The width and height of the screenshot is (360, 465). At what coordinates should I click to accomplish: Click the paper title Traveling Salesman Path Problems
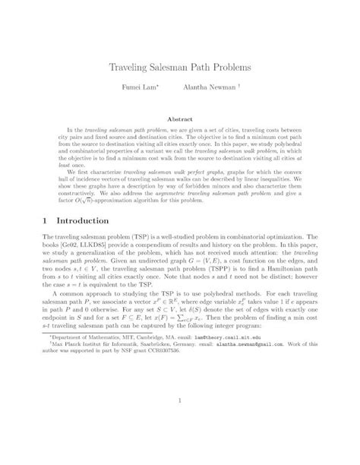180,68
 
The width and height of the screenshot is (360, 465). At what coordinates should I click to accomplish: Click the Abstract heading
180,119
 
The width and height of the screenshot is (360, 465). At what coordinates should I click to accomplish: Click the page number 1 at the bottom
180,422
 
